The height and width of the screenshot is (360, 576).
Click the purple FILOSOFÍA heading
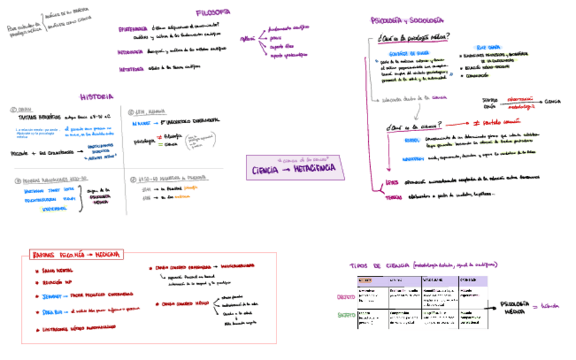tap(213, 12)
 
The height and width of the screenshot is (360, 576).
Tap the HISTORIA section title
tap(96, 97)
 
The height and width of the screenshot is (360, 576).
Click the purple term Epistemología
tap(132, 30)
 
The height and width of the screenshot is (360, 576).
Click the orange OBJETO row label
tap(346, 297)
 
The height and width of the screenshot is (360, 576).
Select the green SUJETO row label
tap(346, 314)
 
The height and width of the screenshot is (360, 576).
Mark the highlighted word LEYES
tap(393, 182)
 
